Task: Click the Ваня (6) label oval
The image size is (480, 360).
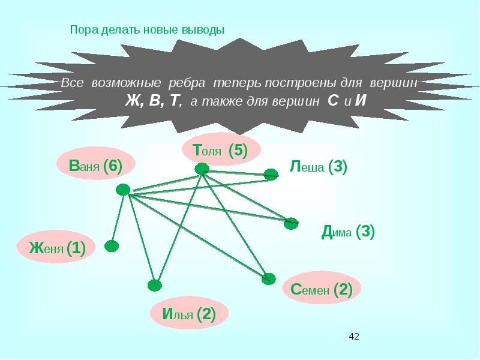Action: point(96,166)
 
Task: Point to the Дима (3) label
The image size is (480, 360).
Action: point(349,232)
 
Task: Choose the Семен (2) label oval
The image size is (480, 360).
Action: point(321,290)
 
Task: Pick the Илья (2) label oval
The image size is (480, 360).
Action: point(189,313)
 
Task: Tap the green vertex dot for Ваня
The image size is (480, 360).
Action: point(123,190)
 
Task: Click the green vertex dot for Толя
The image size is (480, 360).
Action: point(203,170)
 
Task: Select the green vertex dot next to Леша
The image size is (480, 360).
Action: point(271,175)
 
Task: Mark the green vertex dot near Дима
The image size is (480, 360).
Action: point(291,223)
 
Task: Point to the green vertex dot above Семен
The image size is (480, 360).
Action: point(268,278)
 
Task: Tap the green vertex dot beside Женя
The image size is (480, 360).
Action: point(111,245)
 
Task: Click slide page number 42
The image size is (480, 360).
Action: point(353,336)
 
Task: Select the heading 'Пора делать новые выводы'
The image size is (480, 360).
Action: point(147,29)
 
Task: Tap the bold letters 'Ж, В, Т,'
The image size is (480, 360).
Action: point(153,100)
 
